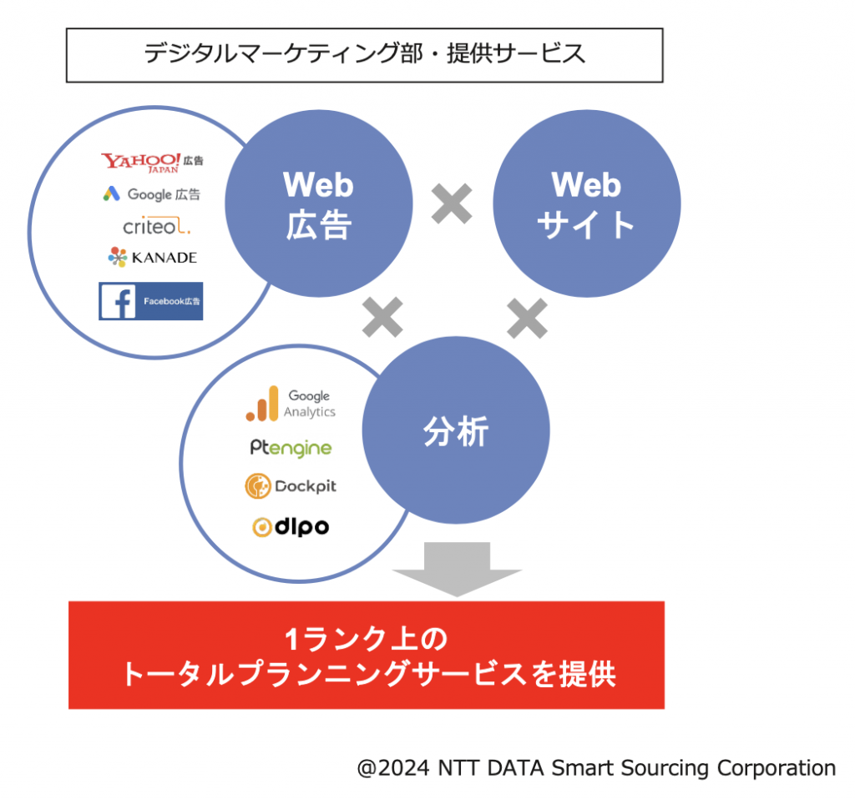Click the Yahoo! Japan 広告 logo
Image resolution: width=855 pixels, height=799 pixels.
point(152,163)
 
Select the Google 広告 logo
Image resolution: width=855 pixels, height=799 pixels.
point(152,193)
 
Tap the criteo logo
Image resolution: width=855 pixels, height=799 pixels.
point(156,225)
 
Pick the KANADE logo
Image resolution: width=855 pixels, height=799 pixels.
point(152,257)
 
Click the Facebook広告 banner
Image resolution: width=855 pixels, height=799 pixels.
point(150,300)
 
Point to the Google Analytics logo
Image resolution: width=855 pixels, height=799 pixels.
point(291,404)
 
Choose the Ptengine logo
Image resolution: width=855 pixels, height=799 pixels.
point(291,448)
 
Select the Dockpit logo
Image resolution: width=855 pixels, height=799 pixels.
point(291,486)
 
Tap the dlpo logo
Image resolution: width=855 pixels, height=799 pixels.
point(291,526)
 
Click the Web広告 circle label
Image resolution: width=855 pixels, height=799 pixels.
point(318,204)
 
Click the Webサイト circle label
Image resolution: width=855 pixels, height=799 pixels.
point(586,204)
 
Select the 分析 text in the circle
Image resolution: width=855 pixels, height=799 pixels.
point(456,431)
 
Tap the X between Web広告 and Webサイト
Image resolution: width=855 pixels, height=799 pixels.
point(452,204)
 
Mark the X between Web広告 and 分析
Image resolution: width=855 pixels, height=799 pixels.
point(382,317)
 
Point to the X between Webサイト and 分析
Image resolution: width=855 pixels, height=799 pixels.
point(527,318)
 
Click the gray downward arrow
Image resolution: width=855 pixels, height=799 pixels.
point(457,569)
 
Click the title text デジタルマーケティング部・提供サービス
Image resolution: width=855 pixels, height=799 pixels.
point(364,54)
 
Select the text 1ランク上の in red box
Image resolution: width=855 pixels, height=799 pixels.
point(366,638)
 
